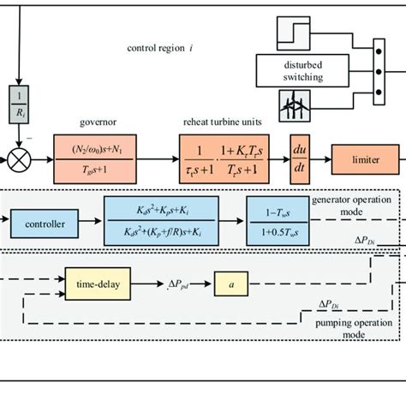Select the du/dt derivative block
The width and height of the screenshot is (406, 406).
click(300, 158)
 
